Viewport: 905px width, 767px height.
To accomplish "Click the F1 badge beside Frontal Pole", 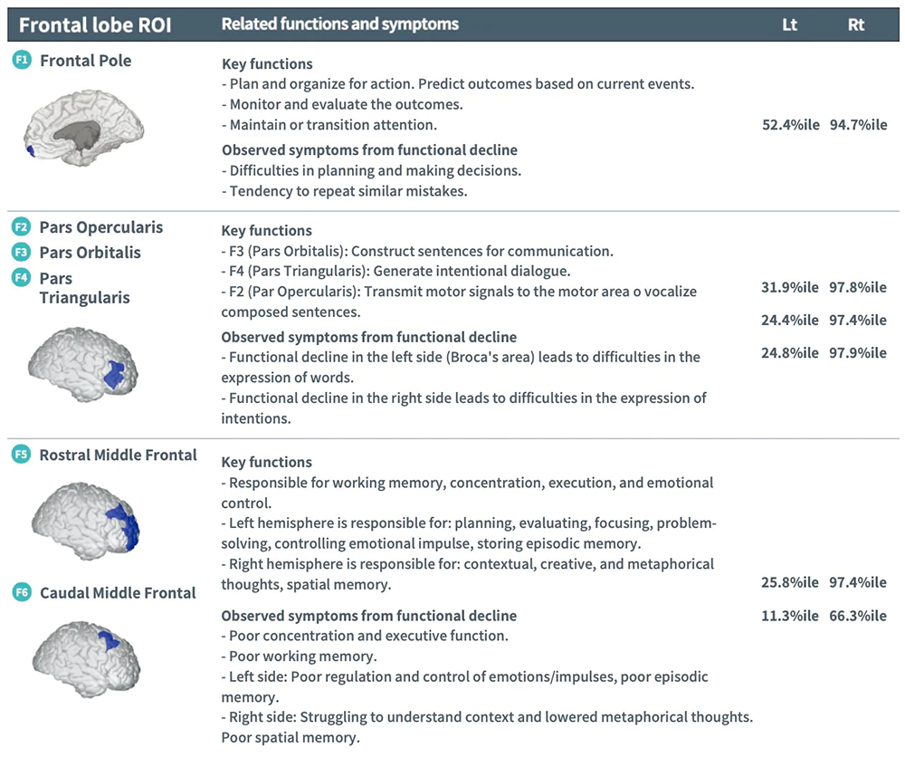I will [x=22, y=61].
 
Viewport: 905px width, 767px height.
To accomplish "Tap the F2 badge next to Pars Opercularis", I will [x=22, y=226].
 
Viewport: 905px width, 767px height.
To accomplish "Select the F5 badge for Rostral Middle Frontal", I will [x=22, y=455].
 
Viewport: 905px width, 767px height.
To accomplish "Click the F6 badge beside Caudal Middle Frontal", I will [x=22, y=593].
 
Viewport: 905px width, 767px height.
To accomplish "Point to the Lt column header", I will [x=789, y=24].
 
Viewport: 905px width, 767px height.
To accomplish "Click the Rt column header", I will [x=856, y=24].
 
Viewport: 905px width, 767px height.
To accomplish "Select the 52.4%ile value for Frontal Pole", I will [x=790, y=125].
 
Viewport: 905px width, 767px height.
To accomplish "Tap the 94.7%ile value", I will [x=858, y=125].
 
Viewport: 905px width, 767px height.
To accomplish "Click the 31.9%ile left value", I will [x=790, y=288].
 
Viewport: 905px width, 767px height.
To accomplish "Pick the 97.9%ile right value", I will [x=858, y=352].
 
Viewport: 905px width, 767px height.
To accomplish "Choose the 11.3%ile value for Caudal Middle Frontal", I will [x=790, y=616].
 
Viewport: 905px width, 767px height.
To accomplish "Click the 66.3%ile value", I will [x=858, y=616].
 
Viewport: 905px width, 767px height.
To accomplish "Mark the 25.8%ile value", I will [x=790, y=582].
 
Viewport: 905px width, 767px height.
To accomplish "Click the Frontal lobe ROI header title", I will [x=95, y=24].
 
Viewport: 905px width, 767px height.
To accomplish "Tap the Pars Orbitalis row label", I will [x=90, y=253].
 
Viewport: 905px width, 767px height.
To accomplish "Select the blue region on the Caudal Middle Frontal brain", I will [x=108, y=639].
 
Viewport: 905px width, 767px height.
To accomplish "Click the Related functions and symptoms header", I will [x=339, y=24].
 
